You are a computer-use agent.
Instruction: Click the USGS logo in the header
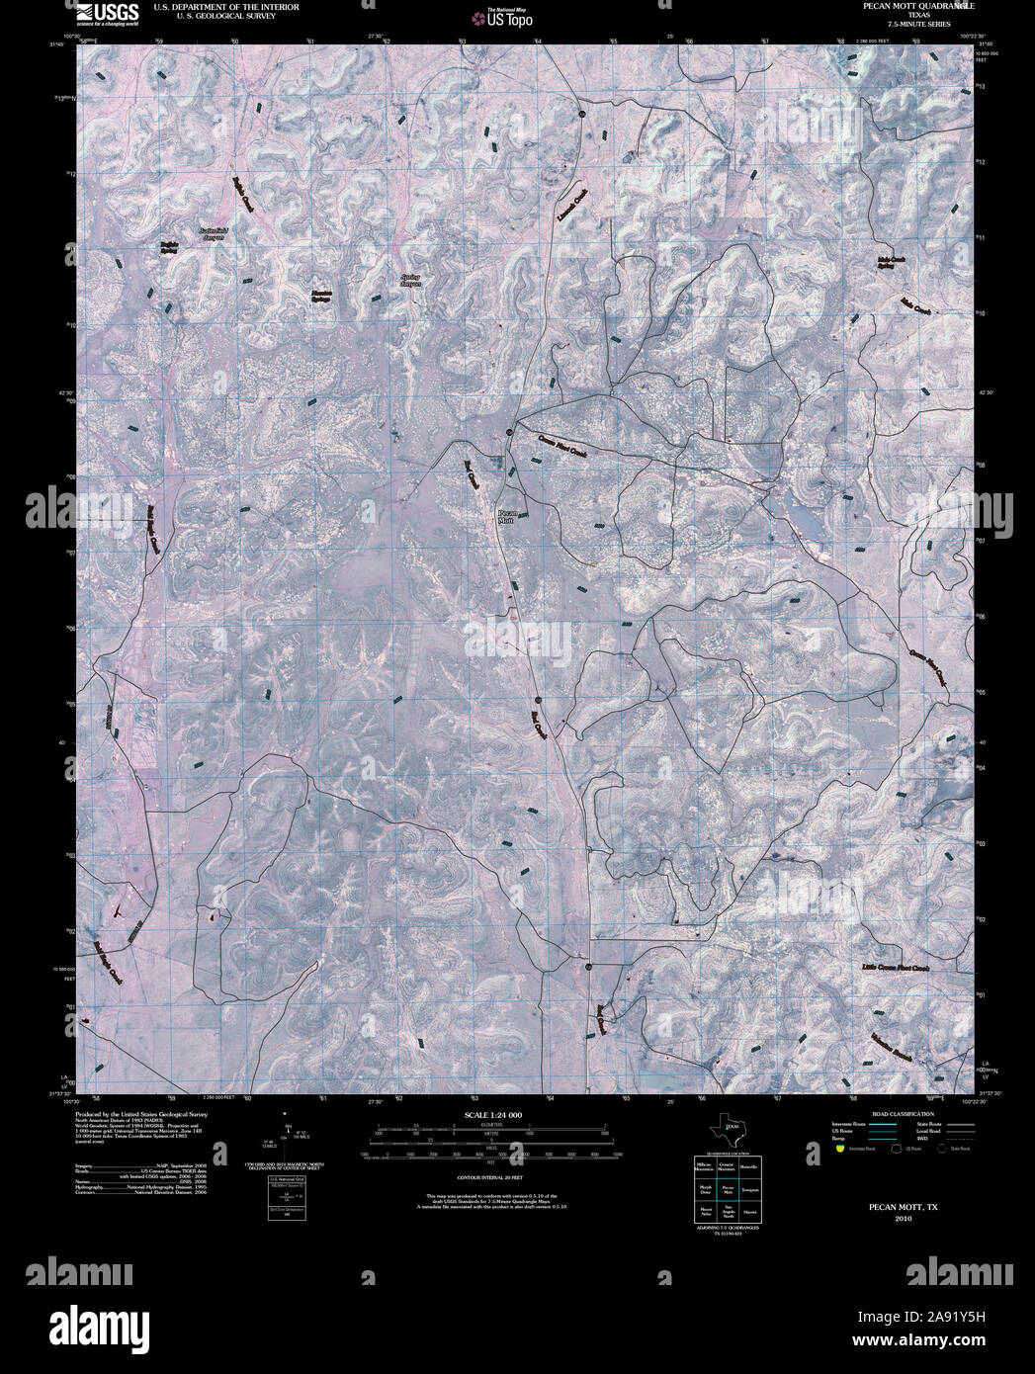point(108,13)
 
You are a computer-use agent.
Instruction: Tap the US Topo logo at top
point(504,17)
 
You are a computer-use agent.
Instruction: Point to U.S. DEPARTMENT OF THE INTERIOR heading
point(226,6)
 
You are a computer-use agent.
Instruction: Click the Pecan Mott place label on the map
point(506,516)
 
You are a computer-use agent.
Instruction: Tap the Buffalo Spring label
point(169,248)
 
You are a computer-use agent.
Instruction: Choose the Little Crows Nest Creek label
point(895,969)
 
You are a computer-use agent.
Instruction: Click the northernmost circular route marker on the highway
point(583,115)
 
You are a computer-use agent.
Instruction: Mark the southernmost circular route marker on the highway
point(588,966)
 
